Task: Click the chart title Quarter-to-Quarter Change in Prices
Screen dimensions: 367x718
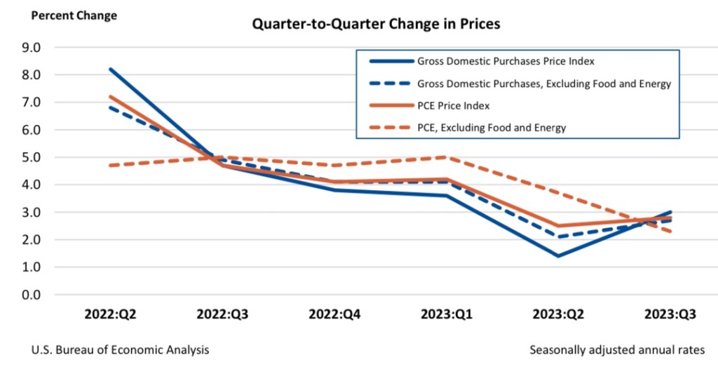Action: tap(376, 24)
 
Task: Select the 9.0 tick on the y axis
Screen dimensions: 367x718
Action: tap(32, 47)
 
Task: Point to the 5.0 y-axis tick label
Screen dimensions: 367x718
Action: tap(32, 157)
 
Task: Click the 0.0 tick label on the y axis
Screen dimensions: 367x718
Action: tap(32, 295)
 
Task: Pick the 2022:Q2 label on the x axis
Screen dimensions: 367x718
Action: tap(109, 314)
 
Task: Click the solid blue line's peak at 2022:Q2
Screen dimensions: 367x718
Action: tap(109, 69)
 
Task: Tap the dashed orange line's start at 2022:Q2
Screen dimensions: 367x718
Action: tap(109, 166)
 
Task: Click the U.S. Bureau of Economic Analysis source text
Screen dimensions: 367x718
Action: tap(120, 349)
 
